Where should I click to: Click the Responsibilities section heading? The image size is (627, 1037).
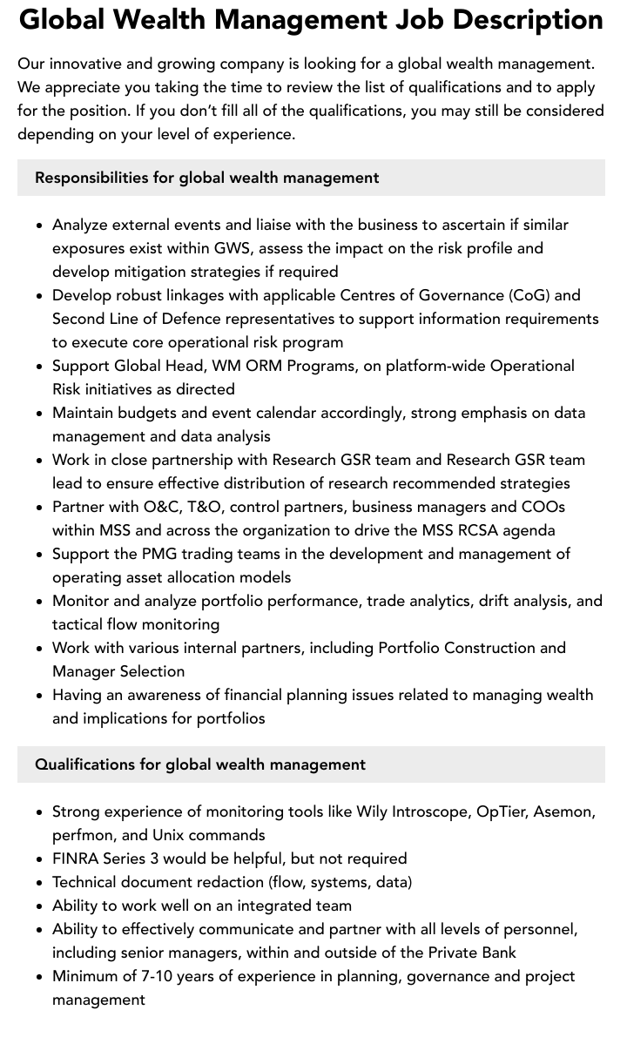coord(206,178)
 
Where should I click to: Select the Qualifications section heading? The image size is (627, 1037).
coord(199,764)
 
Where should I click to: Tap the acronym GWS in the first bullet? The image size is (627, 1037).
coord(233,248)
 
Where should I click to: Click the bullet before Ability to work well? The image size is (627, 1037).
coord(40,906)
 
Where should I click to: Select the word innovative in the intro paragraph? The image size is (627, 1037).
coord(84,64)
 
